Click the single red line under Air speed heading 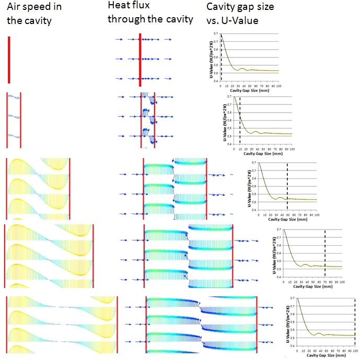[x=9, y=59]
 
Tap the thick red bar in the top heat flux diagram [x=140, y=58]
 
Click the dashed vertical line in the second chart [x=240, y=120]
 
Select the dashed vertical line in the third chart [x=287, y=185]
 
